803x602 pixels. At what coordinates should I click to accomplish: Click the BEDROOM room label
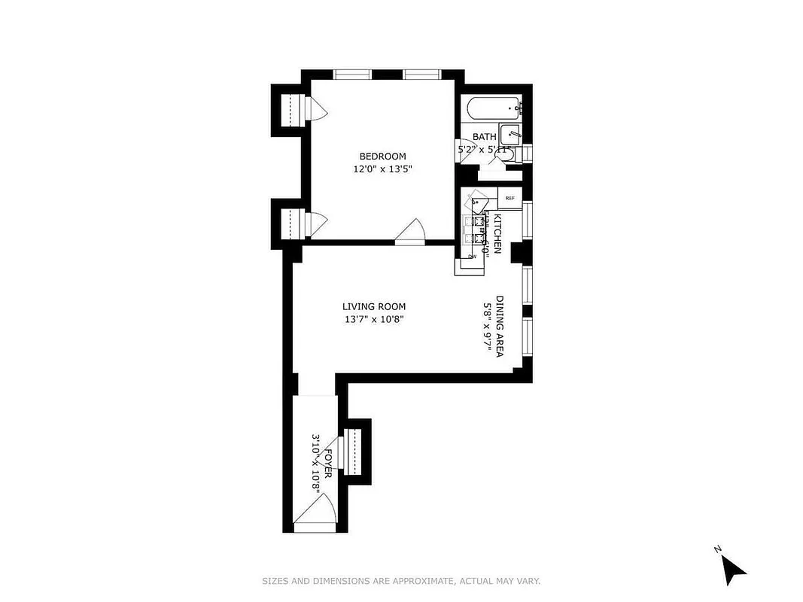pos(383,157)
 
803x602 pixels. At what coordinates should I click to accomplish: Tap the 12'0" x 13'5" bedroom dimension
pos(383,169)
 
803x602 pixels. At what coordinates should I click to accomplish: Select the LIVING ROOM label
pos(374,306)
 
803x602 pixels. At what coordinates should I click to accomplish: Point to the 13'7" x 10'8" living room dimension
pos(374,319)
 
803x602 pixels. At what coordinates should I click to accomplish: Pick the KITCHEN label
pos(497,233)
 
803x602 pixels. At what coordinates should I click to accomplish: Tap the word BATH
pos(484,137)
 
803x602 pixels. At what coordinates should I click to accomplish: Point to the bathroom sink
pos(511,135)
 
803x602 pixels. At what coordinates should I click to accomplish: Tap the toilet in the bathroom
pos(508,155)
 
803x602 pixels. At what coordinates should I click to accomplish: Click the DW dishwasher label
pos(473,257)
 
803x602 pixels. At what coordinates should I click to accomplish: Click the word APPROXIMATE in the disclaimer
pos(428,581)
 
